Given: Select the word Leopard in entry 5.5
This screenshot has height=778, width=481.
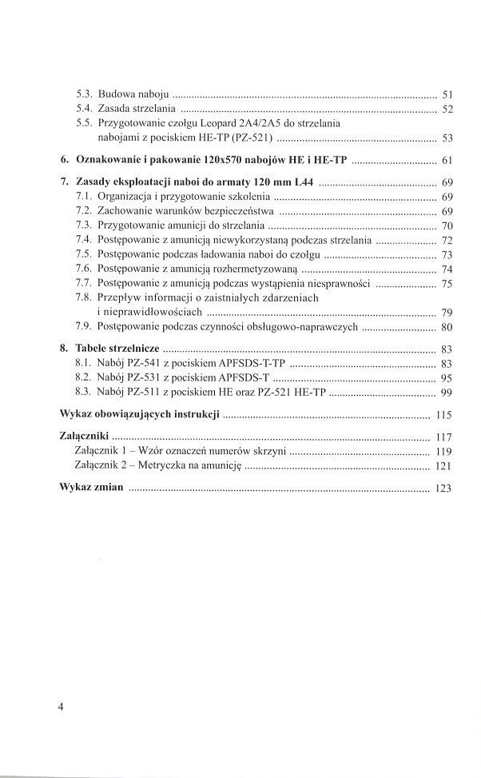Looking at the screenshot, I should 225,123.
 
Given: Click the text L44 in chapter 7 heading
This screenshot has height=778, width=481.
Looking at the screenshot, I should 292,182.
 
